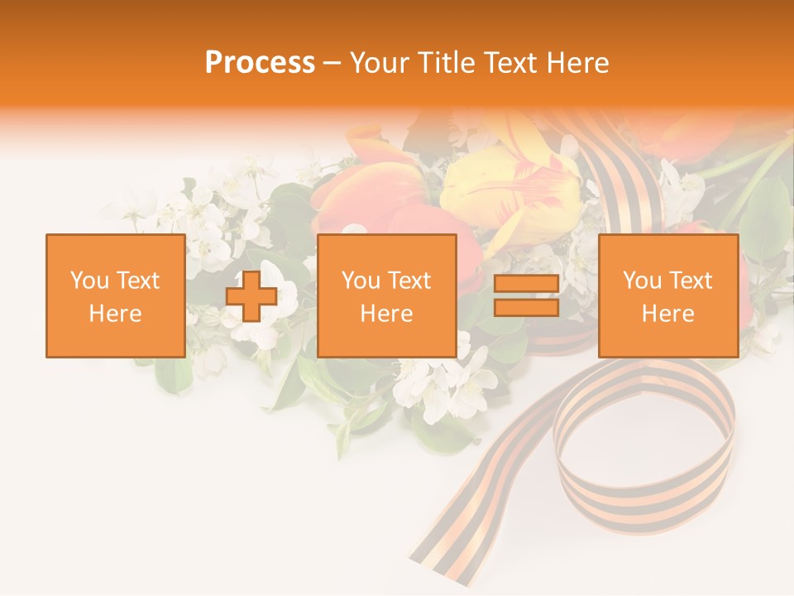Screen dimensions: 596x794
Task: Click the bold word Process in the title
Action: pyautogui.click(x=260, y=63)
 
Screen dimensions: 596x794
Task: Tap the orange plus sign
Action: pyautogui.click(x=251, y=296)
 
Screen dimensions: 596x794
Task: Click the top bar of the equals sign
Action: pyautogui.click(x=526, y=284)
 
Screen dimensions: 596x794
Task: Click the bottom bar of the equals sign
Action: pyautogui.click(x=526, y=307)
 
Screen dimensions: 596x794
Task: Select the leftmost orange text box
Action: pyautogui.click(x=115, y=296)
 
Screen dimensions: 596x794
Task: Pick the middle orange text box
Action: pyautogui.click(x=386, y=296)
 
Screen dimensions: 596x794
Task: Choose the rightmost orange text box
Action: pyautogui.click(x=667, y=296)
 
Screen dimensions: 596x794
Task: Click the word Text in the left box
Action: pyautogui.click(x=137, y=281)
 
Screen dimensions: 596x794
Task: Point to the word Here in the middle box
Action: pyautogui.click(x=386, y=314)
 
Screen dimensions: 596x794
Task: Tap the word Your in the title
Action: pyautogui.click(x=379, y=63)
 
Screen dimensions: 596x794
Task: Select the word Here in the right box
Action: pyautogui.click(x=667, y=314)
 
